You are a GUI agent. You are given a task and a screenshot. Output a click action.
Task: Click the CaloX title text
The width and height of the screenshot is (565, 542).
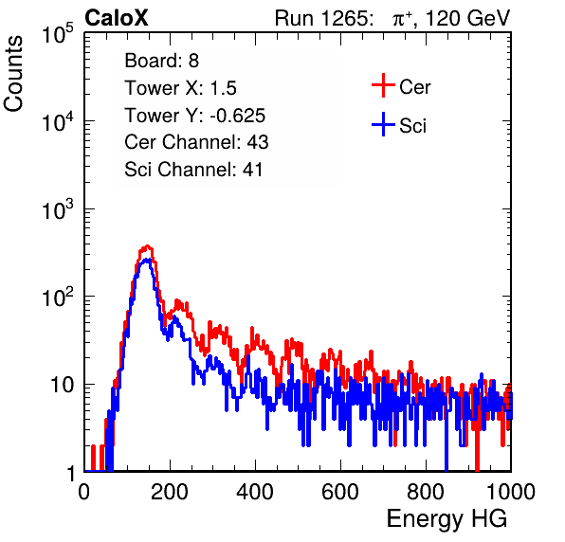click(116, 18)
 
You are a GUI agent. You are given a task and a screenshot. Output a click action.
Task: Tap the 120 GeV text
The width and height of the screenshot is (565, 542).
click(467, 18)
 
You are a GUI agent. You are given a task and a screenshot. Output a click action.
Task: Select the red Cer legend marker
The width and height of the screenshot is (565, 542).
click(383, 85)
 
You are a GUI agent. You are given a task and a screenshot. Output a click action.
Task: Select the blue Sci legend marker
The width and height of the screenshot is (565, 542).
click(383, 124)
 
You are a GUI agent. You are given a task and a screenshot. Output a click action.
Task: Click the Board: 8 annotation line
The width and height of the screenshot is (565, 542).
click(161, 61)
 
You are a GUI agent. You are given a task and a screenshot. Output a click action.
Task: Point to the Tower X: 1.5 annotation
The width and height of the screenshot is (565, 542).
click(180, 88)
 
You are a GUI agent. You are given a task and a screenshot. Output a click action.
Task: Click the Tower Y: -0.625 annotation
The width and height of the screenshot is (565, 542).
click(195, 116)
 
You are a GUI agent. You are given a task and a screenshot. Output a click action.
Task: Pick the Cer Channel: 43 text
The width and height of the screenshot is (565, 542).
click(196, 142)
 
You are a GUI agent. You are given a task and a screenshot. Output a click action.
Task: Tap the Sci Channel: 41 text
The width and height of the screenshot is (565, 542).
click(193, 170)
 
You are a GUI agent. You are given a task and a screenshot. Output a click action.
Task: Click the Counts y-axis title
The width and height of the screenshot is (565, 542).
click(13, 74)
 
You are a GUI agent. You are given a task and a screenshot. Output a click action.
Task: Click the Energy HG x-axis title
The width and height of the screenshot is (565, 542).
click(447, 519)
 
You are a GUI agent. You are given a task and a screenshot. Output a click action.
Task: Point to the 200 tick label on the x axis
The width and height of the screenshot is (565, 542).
click(170, 492)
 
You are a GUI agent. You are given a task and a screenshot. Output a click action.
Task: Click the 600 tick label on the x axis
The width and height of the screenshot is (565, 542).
click(340, 492)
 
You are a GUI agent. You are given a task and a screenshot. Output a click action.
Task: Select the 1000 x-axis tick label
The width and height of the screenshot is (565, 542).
click(511, 492)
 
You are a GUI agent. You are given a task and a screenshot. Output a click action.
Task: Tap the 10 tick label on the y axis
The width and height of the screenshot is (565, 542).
click(62, 385)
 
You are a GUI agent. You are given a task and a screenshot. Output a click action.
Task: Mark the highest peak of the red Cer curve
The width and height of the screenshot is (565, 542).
click(147, 246)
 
